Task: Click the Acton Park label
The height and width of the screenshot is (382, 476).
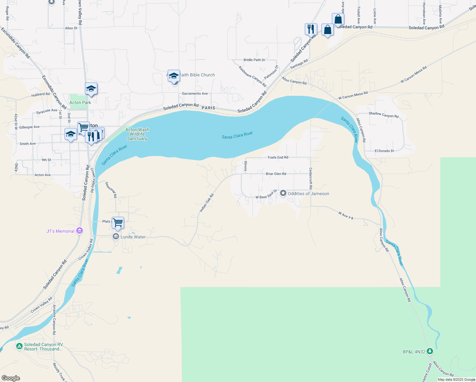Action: [80, 103]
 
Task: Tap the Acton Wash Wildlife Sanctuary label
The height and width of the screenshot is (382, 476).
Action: [137, 134]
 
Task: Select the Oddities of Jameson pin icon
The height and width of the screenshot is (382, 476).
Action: [283, 194]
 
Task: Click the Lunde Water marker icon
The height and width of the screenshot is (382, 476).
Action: [116, 237]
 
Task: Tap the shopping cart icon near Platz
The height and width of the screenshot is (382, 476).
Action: [118, 223]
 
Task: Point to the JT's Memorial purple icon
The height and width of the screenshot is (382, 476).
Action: [80, 231]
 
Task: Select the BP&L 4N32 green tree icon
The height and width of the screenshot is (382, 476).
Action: [430, 351]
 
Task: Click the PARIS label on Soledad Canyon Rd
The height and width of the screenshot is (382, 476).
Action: [208, 108]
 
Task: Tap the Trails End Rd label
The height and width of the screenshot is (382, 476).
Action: [278, 157]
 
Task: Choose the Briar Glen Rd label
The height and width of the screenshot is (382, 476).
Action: [276, 174]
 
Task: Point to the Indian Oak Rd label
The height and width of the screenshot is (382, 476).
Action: [206, 203]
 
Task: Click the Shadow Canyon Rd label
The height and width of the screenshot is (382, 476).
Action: [383, 115]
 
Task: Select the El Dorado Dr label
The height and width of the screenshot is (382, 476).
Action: [384, 151]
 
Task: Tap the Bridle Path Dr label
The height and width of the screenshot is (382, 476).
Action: [254, 60]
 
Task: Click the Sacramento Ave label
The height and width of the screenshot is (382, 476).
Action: [195, 94]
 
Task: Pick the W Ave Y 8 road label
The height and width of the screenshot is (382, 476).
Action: [346, 216]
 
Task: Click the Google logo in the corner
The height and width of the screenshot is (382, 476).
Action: [11, 378]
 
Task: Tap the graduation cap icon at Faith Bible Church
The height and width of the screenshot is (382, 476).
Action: [174, 76]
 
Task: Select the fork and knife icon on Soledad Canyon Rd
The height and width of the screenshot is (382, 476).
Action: [311, 29]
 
